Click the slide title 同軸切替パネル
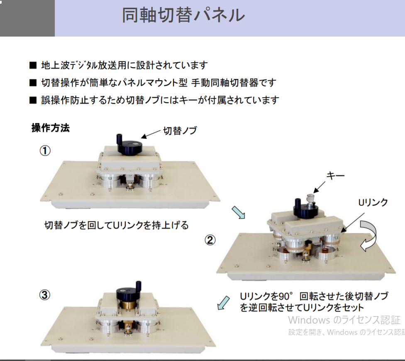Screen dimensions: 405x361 tap(183, 15)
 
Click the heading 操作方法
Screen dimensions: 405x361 tap(51, 128)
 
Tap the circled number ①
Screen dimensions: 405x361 tap(45, 150)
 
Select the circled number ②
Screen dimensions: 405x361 tap(210, 240)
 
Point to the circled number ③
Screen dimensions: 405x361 tap(45, 295)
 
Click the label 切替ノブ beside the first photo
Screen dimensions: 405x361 tap(180, 130)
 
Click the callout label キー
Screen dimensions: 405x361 tap(335, 176)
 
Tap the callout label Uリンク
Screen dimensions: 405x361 tap(373, 202)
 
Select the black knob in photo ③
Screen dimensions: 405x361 tap(128, 292)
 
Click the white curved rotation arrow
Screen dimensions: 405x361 tap(368, 235)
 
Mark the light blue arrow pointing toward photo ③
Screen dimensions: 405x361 tap(223, 303)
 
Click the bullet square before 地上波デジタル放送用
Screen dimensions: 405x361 tap(33, 65)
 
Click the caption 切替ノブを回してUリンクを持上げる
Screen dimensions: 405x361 tap(117, 225)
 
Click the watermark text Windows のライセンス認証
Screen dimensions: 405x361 tap(344, 320)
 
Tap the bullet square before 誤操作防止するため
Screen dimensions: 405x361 tap(33, 100)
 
